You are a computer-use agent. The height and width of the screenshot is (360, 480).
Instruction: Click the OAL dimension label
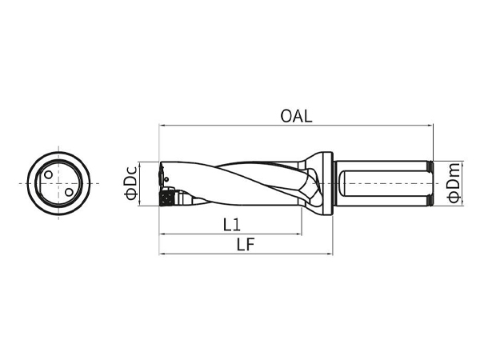pos(296,116)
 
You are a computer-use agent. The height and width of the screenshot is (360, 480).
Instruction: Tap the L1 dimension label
pos(232,225)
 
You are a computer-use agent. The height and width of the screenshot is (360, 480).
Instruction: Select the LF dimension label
pos(246,244)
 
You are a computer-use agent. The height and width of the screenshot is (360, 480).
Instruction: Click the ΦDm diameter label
pos(453,183)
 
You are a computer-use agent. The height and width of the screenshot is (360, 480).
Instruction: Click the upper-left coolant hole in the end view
pos(48,174)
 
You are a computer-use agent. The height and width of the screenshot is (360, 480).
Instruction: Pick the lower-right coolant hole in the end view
pos(69,192)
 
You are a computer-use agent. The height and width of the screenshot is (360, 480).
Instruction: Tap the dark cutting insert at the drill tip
pos(167,198)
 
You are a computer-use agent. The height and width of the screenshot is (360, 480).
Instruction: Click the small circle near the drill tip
pos(166,178)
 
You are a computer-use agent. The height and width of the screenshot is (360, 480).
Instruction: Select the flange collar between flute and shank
pos(328,184)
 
